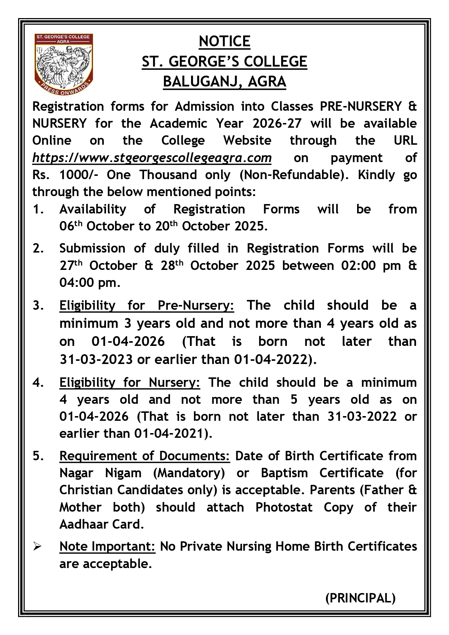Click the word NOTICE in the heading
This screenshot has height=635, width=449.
(x=224, y=42)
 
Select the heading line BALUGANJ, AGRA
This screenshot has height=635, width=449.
(x=224, y=82)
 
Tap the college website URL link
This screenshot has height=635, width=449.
(x=152, y=158)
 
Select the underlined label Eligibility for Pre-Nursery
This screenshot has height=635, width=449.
(x=147, y=306)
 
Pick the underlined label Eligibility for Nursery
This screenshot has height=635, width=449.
(x=130, y=382)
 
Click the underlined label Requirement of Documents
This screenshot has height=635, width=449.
(x=144, y=456)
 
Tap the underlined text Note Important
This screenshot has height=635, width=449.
(x=107, y=546)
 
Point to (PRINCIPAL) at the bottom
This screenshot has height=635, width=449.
(x=360, y=598)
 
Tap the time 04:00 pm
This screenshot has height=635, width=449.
(x=89, y=283)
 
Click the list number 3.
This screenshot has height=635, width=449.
(x=38, y=306)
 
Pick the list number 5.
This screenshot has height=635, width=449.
(x=38, y=456)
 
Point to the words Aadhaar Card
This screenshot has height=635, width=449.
(x=102, y=524)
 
